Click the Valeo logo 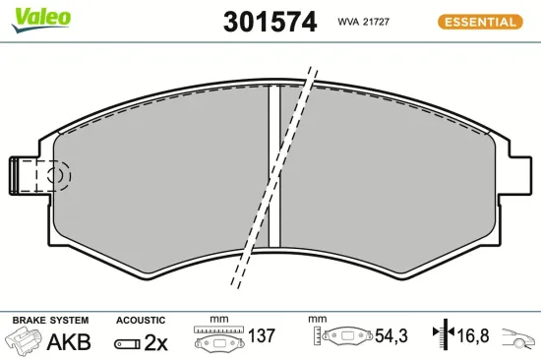pos(39,15)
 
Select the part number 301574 pos(270,22)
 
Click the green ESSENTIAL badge pos(478,22)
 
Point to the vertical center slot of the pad pos(275,167)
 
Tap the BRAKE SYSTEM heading pos(49,321)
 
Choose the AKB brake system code pos(70,342)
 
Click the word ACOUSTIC pos(140,321)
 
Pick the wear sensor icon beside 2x pos(128,343)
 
